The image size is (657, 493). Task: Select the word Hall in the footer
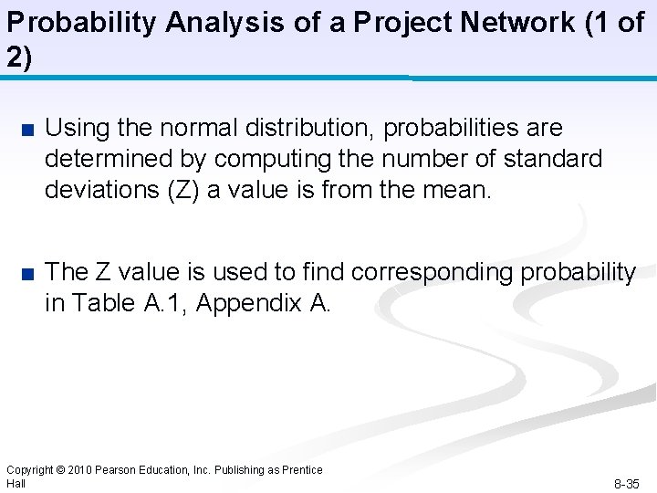(x=16, y=482)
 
